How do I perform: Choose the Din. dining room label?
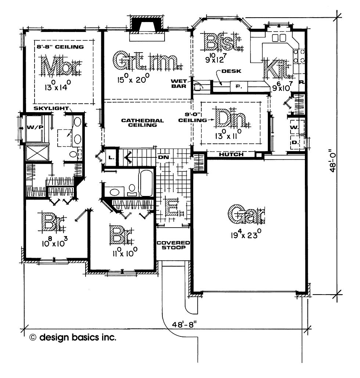231,118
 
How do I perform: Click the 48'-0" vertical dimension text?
333,160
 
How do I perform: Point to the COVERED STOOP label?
173,245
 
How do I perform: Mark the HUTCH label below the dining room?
231,154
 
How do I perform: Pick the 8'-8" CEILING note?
60,47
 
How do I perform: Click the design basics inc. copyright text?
73,337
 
